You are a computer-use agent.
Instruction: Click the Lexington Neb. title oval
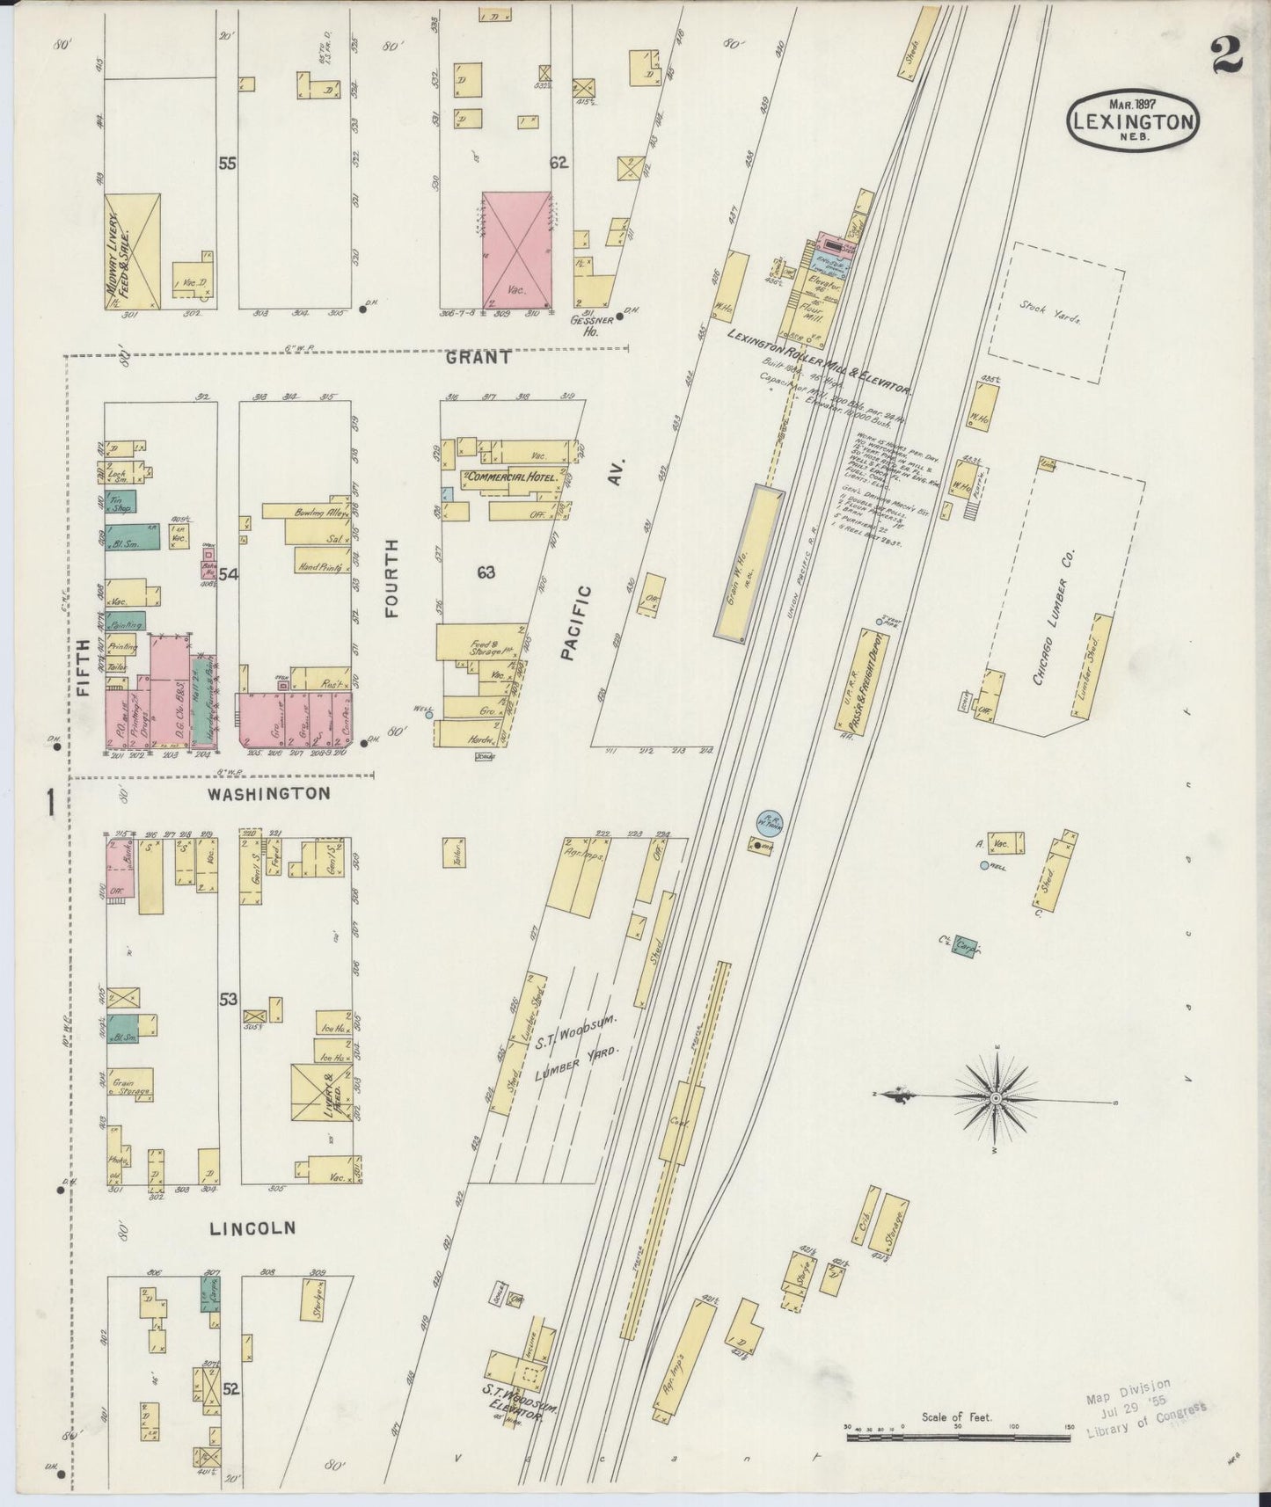(x=1134, y=122)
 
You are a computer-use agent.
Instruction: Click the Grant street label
(x=478, y=357)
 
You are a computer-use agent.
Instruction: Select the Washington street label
(x=269, y=793)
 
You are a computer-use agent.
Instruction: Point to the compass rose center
(x=995, y=1098)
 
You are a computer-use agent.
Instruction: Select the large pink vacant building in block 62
(x=515, y=251)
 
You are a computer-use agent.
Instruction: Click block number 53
(x=229, y=999)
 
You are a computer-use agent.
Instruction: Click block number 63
(x=486, y=572)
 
